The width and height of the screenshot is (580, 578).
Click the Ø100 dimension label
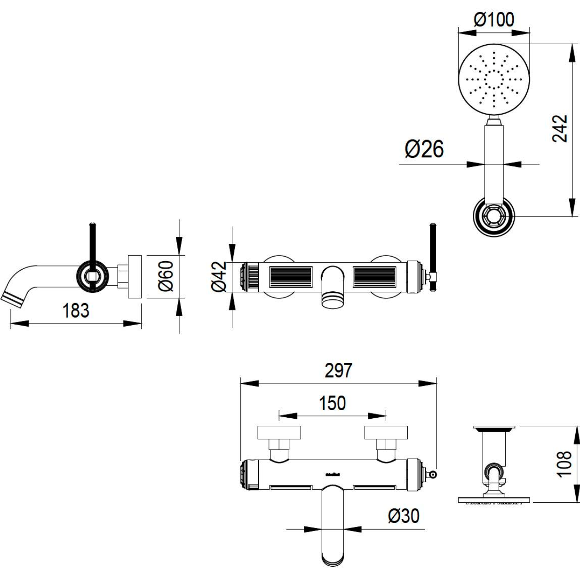(493, 20)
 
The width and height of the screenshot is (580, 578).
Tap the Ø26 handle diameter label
(424, 149)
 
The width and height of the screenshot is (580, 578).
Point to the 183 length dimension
(76, 311)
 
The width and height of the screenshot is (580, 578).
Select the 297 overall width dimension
(338, 371)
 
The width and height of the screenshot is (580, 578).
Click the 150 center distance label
(333, 403)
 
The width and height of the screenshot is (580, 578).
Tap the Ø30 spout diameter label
(404, 516)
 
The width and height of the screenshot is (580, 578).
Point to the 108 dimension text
(564, 464)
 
